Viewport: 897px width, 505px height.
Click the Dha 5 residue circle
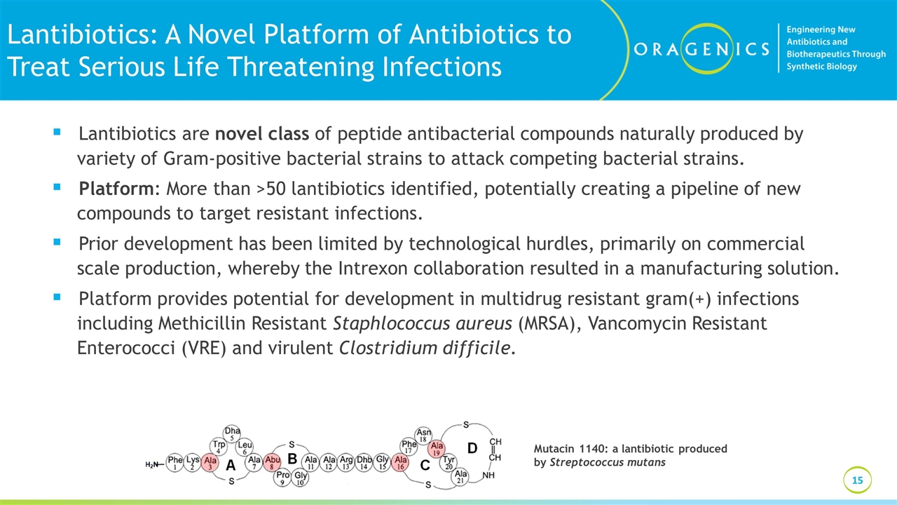pos(232,433)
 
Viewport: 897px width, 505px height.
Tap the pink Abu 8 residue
pos(273,463)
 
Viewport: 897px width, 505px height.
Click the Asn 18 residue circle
pos(424,436)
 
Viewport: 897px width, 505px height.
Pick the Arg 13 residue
pos(346,463)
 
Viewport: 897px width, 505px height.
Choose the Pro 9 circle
pos(282,478)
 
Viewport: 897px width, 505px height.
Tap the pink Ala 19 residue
pos(437,448)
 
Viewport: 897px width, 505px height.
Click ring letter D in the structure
pos(472,447)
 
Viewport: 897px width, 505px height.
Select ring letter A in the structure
pos(231,464)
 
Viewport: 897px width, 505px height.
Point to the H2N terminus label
pos(153,464)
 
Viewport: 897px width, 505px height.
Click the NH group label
pos(489,476)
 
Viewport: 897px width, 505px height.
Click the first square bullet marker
pos(57,132)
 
